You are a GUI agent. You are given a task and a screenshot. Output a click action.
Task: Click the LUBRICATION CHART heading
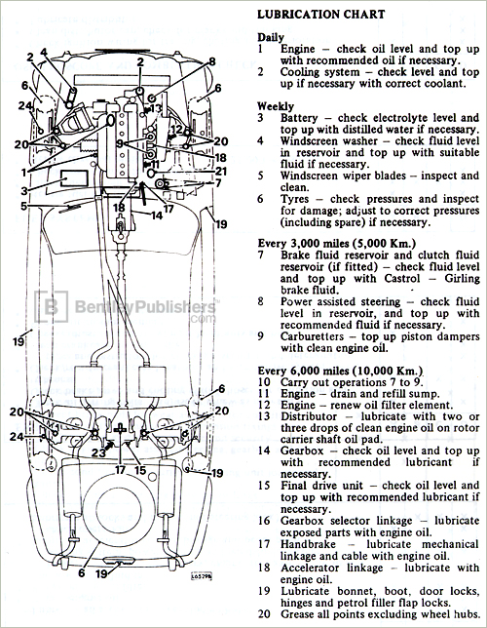point(318,15)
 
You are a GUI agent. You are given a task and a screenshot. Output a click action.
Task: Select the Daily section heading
point(271,36)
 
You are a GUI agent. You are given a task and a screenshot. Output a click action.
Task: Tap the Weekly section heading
point(276,104)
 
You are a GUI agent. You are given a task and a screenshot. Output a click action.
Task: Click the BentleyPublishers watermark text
point(131,309)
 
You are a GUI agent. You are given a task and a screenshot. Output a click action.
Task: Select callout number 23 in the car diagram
point(98,451)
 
